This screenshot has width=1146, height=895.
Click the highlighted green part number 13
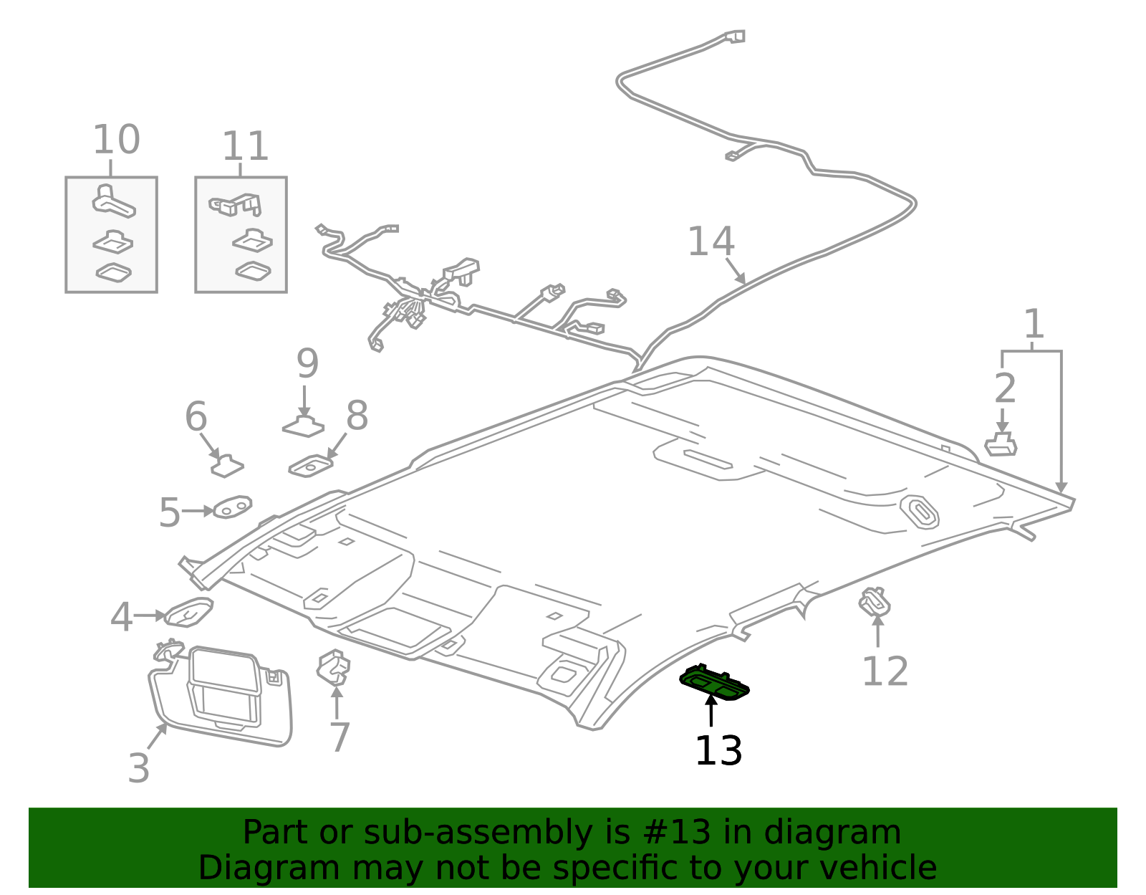click(714, 681)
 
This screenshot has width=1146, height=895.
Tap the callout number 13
click(718, 752)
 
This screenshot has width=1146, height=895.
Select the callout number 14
click(711, 242)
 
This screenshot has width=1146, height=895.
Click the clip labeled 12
click(875, 601)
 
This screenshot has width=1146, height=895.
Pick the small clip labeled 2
click(1001, 445)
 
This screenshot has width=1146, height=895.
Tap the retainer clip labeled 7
click(334, 667)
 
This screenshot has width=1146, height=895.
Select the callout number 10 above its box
click(116, 140)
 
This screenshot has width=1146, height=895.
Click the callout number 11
click(245, 147)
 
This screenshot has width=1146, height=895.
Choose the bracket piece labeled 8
click(310, 466)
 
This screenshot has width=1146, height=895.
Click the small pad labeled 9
click(303, 427)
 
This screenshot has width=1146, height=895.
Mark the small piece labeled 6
click(227, 466)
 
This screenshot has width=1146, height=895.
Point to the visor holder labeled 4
click(188, 613)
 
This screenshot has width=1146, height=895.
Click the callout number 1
click(1033, 325)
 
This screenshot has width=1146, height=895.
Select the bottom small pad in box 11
click(253, 271)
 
